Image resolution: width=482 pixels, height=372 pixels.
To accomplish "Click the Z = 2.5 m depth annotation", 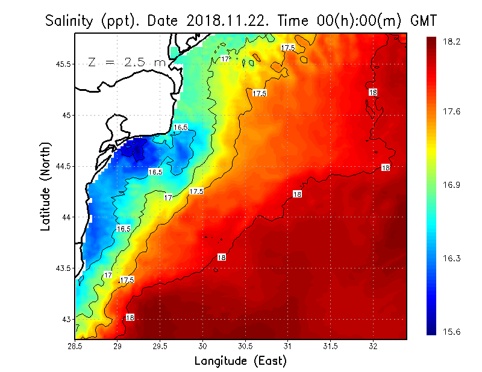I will pyautogui.click(x=127, y=62).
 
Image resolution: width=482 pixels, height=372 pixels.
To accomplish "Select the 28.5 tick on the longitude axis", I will pyautogui.click(x=75, y=347).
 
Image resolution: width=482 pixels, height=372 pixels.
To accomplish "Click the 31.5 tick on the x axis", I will pyautogui.click(x=330, y=347).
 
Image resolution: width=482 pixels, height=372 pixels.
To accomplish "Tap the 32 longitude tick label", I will pyautogui.click(x=373, y=347).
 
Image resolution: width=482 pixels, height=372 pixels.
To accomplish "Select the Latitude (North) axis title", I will pyautogui.click(x=46, y=187).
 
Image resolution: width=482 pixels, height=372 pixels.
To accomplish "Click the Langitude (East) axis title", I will pyautogui.click(x=240, y=361).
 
